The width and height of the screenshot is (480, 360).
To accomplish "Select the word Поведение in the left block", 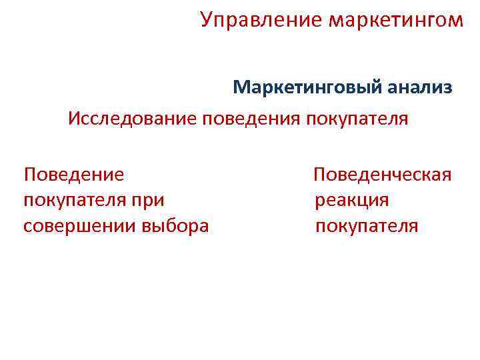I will coord(73,175).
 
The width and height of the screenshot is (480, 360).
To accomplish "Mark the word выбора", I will coord(175,226).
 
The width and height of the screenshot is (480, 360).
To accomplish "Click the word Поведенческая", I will coord(383,175).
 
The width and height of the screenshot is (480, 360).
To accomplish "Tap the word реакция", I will coord(352,201).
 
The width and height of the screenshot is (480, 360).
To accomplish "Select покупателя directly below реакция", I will coord(367,226).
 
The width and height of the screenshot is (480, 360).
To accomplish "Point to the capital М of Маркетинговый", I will coord(241,87).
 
